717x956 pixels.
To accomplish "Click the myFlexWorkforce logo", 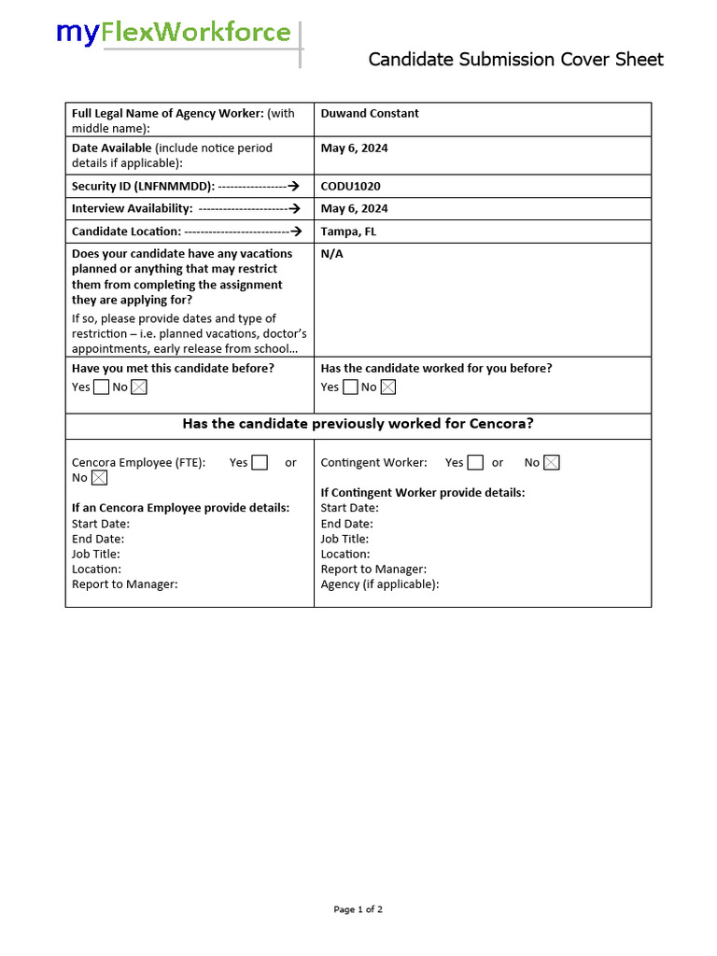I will (x=174, y=34).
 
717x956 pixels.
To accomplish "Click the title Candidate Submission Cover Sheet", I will (x=515, y=60).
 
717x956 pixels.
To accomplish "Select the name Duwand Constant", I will (x=370, y=114).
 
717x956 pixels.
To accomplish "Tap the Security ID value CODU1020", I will (x=350, y=187).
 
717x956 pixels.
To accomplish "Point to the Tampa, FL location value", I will (x=348, y=232).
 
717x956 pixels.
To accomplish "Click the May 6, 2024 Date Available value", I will (x=354, y=148).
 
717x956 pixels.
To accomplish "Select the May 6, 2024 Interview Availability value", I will (x=354, y=209).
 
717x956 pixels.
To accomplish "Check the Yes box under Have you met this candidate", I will (x=101, y=387).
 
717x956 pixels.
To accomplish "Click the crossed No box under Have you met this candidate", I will (x=139, y=387).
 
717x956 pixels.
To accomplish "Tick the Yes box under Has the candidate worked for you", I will (x=350, y=387).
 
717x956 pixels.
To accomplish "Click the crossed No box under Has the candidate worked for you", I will (x=388, y=387).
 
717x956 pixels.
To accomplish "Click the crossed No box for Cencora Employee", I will (x=99, y=478).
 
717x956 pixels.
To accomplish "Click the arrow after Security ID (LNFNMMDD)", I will (x=293, y=187).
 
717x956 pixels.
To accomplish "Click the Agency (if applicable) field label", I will (x=379, y=584).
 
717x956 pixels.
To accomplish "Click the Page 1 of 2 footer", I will (x=358, y=909).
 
